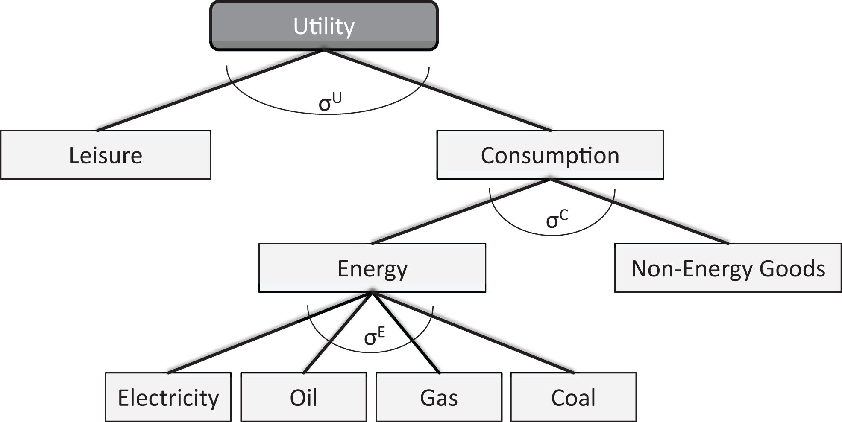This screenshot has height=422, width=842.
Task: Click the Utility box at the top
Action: click(x=324, y=26)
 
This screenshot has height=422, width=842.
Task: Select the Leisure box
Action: click(x=106, y=155)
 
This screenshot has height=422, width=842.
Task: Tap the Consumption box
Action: click(x=550, y=155)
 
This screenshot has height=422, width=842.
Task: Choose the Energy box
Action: click(x=372, y=268)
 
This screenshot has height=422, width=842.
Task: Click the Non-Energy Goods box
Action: click(x=728, y=268)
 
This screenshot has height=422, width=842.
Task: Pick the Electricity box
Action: click(x=168, y=397)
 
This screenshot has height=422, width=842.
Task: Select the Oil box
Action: click(x=303, y=397)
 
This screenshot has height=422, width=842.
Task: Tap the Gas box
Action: click(x=439, y=397)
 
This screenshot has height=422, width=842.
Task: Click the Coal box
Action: click(x=573, y=397)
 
